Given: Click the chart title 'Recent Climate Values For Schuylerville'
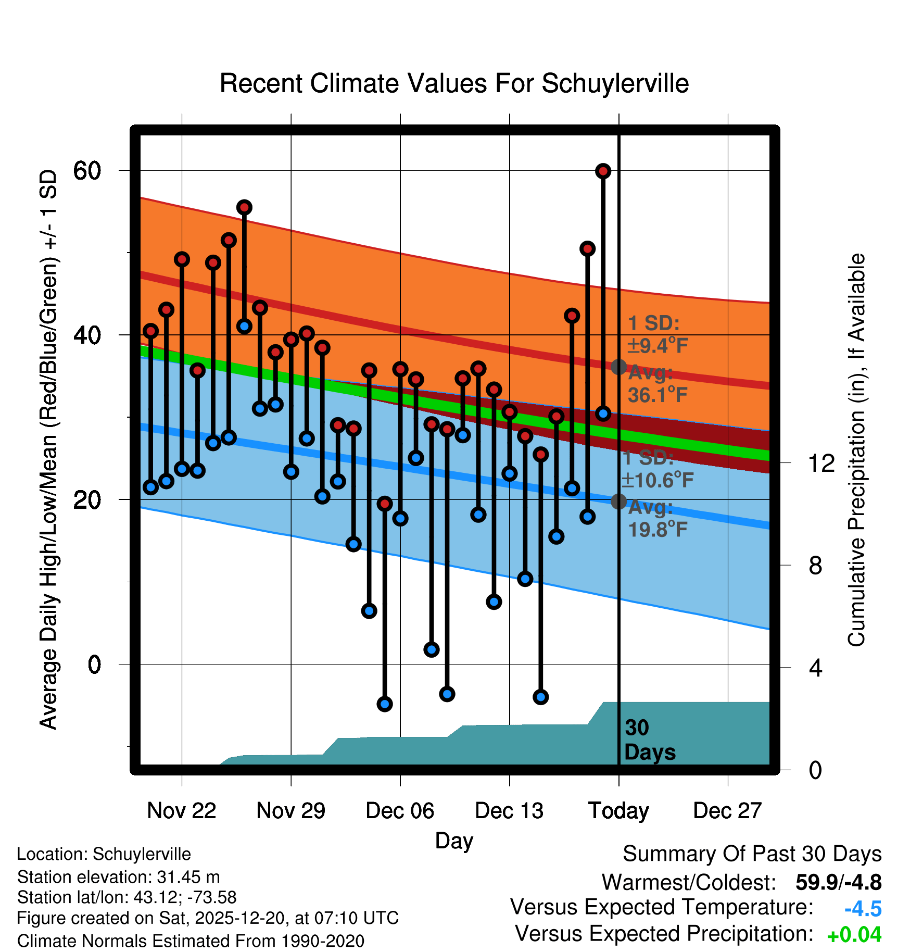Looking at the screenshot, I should click(x=454, y=83).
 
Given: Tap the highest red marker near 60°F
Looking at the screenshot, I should click(x=603, y=171).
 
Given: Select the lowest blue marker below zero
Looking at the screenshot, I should click(x=384, y=704).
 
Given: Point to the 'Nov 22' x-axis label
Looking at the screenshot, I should click(x=181, y=810).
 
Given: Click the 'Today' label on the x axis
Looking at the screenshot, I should click(x=618, y=810).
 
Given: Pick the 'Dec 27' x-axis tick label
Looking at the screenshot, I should click(x=727, y=810).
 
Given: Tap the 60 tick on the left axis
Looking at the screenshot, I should click(x=87, y=170).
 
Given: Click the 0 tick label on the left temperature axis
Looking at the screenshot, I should click(x=94, y=665).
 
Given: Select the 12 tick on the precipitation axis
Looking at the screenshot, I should click(x=821, y=463).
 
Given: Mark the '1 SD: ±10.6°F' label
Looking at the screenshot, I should click(x=657, y=469).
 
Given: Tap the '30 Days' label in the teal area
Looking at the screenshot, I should click(x=649, y=740).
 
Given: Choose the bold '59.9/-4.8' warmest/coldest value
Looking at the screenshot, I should click(x=838, y=882).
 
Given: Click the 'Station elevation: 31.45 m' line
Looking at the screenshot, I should click(x=118, y=877).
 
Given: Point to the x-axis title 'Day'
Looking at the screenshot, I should click(x=454, y=841).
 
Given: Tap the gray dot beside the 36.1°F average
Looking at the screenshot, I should click(x=618, y=367).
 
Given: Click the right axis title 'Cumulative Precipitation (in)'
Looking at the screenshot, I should click(x=856, y=450).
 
